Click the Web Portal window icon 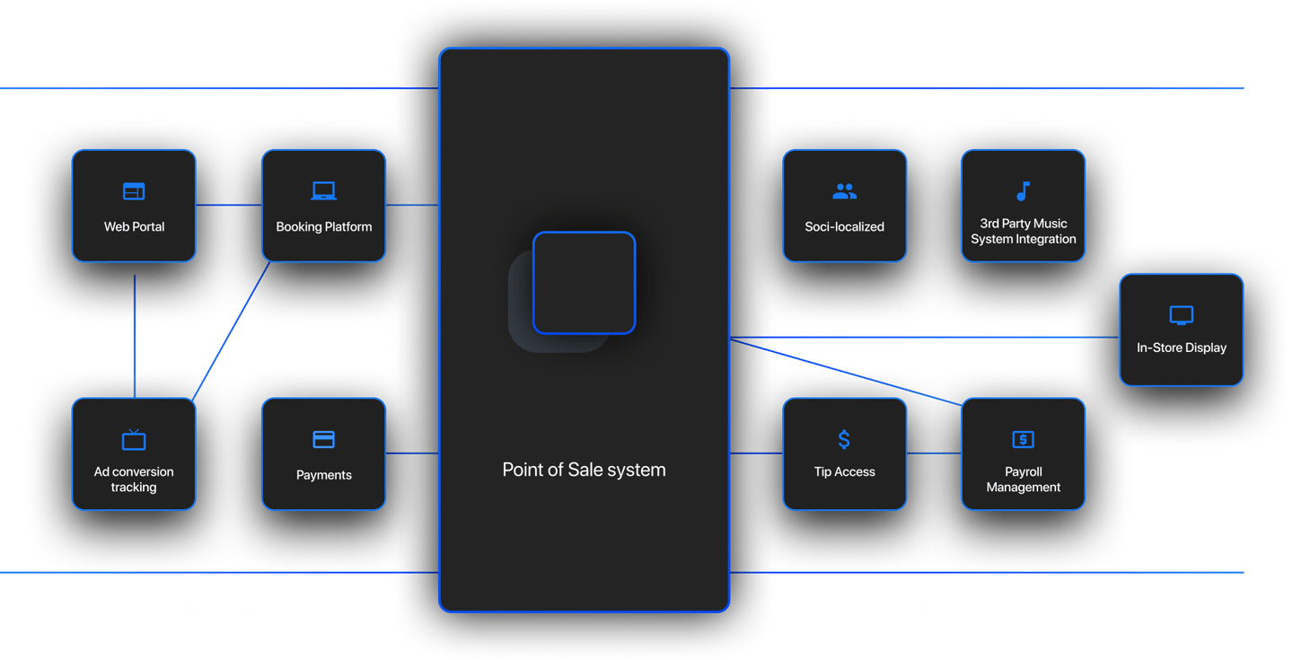tap(134, 191)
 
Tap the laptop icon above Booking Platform tap(324, 191)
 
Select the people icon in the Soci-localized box tap(844, 191)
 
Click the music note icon tap(1023, 191)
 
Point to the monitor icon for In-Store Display tap(1181, 315)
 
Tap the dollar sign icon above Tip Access tap(844, 439)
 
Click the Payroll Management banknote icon tap(1023, 439)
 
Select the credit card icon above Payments tap(324, 439)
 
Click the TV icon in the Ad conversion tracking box tap(134, 439)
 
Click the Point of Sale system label tap(584, 470)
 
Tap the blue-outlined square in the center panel tap(585, 283)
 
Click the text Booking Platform tap(324, 227)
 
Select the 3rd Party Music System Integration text tap(1023, 231)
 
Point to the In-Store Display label tap(1181, 348)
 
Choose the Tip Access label tap(844, 471)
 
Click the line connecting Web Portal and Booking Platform tap(229, 205)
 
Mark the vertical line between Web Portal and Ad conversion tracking tap(135, 336)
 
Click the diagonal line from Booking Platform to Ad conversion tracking tap(231, 330)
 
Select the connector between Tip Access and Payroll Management tap(934, 453)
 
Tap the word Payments tap(324, 475)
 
